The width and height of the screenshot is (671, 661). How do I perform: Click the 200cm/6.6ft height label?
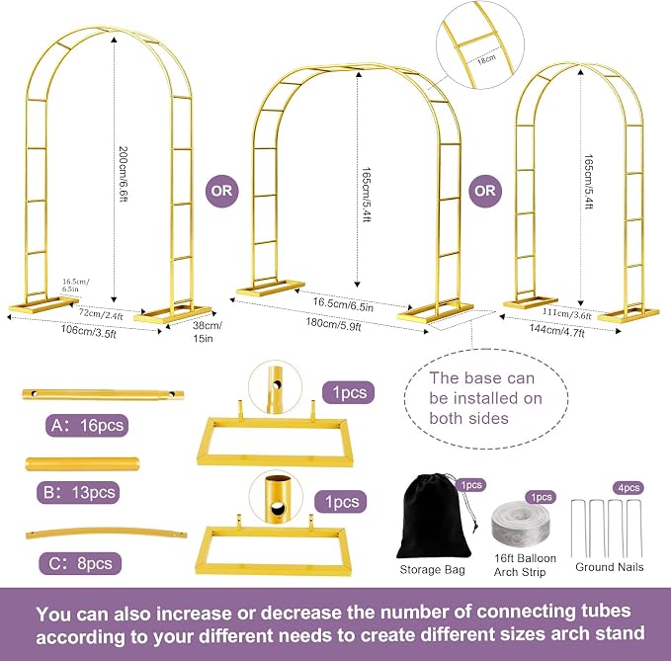point(124,174)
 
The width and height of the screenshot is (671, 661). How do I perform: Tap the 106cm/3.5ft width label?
point(88,332)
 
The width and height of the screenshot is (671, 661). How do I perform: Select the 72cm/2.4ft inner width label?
point(101,314)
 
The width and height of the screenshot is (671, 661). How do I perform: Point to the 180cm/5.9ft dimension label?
point(333,324)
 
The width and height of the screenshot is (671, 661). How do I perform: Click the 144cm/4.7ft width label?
point(556,330)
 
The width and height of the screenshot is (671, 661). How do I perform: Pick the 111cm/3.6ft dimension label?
point(566,313)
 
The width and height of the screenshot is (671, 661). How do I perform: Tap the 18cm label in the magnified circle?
point(486,58)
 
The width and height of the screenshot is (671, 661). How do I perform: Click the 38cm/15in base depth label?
point(208,332)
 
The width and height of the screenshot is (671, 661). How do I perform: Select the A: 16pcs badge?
point(87,425)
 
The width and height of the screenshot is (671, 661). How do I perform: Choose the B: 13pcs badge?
point(79,492)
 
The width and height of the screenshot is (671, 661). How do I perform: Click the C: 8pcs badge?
point(80,563)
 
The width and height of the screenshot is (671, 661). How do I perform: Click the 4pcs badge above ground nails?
point(629,488)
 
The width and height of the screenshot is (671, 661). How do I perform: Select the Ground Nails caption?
point(610,567)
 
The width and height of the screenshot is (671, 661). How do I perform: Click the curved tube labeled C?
point(106,532)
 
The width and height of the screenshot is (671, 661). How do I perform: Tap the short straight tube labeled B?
point(83,463)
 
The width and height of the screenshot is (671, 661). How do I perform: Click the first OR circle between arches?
point(221,191)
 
